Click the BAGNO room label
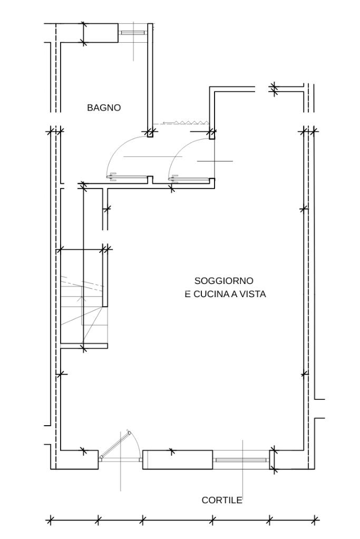(104, 107)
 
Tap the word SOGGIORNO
(224, 280)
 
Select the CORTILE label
(222, 500)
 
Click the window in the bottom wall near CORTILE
(241, 460)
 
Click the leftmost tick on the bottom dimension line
(50, 520)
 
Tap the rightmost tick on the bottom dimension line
(315, 520)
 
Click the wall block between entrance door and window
(178, 459)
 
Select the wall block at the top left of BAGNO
(101, 33)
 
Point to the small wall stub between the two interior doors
(150, 180)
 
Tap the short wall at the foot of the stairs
(84, 346)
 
